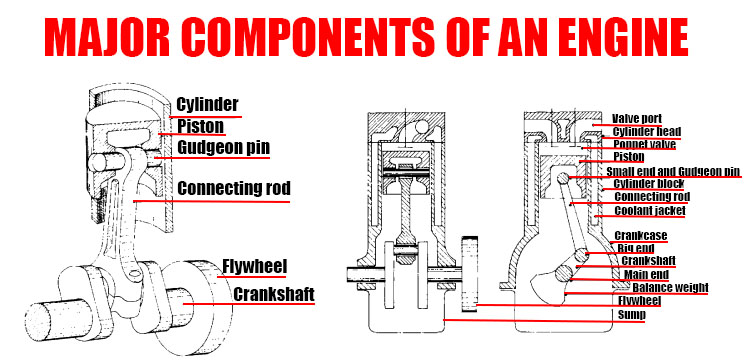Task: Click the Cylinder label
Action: coord(208,104)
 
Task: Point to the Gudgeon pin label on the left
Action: coord(224,148)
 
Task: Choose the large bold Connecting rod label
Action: coord(233,188)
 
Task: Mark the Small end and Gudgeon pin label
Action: coord(673,171)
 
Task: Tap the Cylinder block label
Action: coord(649,184)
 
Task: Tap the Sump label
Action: coord(631,314)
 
